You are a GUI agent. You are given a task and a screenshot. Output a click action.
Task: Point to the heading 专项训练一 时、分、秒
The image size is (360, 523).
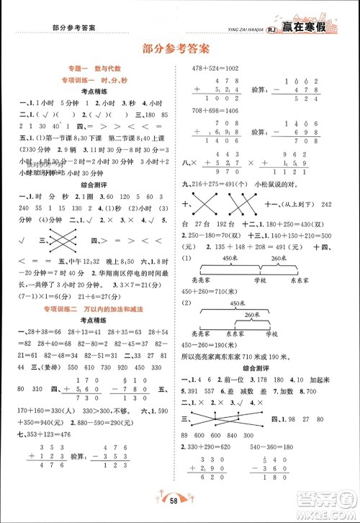pyautogui.click(x=94, y=79)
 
